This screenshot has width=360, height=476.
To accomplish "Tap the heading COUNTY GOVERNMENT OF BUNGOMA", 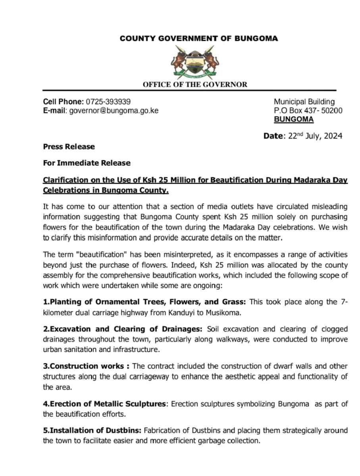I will coord(199,38).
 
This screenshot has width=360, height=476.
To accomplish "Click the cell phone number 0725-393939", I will coord(108,102).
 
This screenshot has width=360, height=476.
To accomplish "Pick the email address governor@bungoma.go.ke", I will coord(114,111).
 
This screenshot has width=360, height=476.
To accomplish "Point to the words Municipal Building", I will coord(304,102).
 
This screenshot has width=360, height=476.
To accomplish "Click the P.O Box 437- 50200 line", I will coord(308,111).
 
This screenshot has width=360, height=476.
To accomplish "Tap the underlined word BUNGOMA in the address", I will coord(293,119).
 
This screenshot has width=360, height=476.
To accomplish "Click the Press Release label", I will coord(69,147).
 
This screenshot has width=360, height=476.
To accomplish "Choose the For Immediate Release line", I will coord(87,163).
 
